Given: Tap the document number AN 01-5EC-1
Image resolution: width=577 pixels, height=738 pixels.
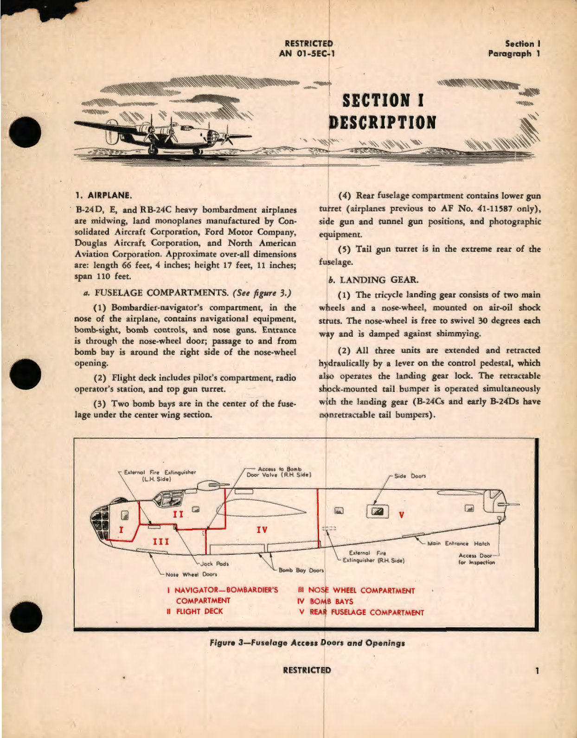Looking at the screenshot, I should point(307,53).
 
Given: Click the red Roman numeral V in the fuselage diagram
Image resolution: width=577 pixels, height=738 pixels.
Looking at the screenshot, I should point(402,514).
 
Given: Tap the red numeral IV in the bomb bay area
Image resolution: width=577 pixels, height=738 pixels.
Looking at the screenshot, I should point(262,529).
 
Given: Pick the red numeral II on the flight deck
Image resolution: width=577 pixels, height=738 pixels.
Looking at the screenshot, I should point(178,514).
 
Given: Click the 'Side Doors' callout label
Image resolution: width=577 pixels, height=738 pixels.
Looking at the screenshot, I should point(410,476).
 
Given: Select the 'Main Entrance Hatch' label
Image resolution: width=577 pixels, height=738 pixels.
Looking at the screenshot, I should point(458,543).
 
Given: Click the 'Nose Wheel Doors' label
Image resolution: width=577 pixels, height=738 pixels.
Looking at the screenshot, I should point(191,574).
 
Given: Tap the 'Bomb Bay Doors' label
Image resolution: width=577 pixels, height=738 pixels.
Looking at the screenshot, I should point(301,570).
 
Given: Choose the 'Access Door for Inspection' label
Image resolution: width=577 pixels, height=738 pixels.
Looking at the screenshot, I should point(476,559).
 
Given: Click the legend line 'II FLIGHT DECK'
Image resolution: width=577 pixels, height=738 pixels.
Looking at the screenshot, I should point(195,611).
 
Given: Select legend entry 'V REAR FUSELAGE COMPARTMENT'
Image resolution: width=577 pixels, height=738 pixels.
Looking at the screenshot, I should point(362,612).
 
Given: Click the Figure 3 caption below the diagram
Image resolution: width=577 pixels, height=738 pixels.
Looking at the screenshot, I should point(307,643).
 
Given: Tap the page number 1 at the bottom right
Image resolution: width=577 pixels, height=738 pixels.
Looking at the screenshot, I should point(537,670).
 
